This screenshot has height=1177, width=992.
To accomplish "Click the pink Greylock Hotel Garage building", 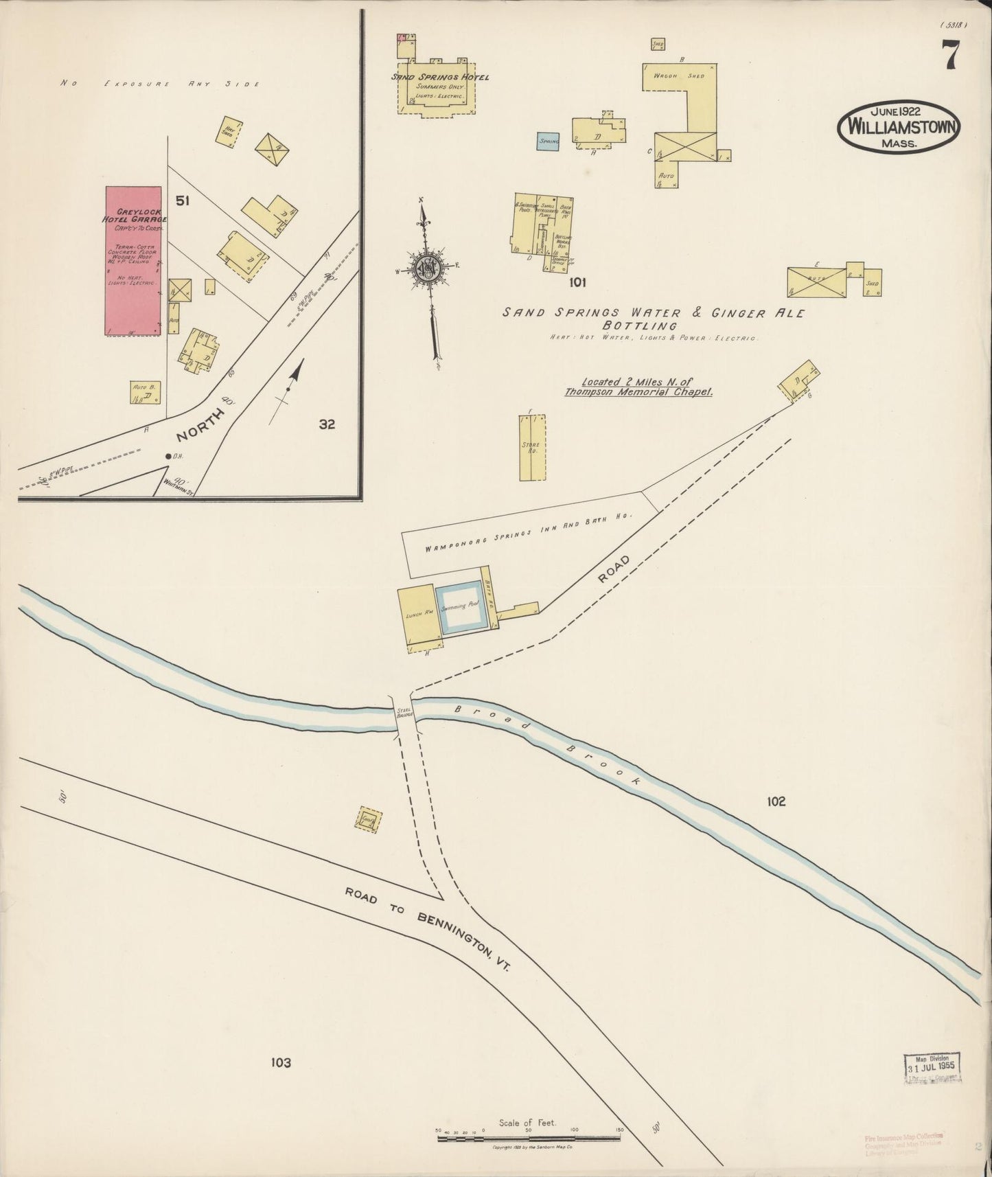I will (132, 261).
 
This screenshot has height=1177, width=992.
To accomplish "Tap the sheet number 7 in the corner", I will (950, 56).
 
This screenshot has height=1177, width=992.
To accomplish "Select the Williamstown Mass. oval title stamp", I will (898, 127).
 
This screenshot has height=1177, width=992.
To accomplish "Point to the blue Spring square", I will (548, 141).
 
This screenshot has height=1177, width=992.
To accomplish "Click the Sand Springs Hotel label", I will (440, 78).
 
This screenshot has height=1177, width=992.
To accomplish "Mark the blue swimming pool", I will (462, 607).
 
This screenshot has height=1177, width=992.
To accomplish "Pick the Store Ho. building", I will (533, 448).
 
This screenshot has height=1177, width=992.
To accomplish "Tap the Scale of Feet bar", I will (529, 1138).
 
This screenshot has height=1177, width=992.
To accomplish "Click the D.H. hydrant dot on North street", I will (168, 456).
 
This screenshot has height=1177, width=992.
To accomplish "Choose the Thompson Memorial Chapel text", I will (638, 393).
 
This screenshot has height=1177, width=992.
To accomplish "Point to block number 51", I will (182, 201).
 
